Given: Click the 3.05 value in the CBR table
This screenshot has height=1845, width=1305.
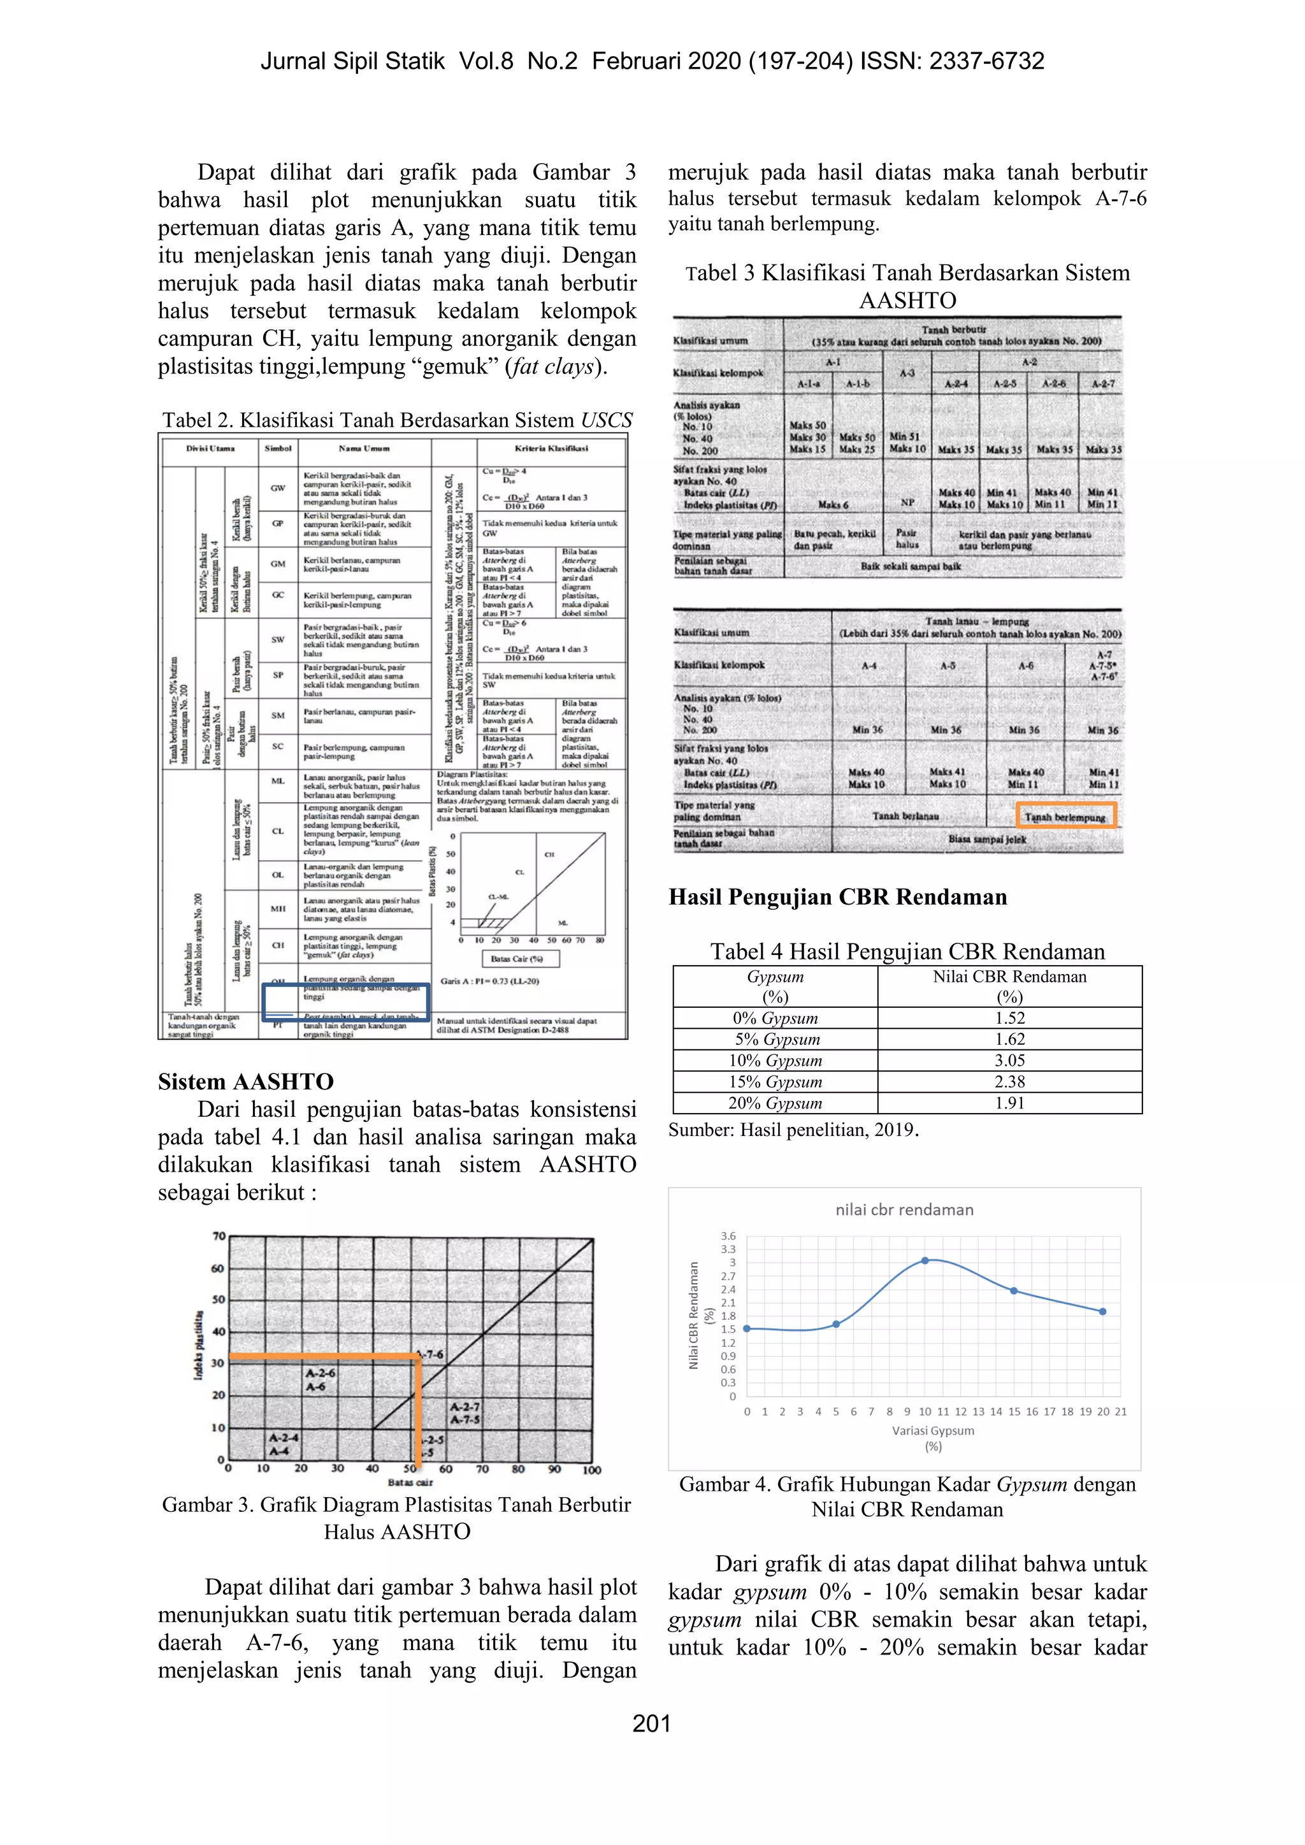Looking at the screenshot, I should (1009, 1060).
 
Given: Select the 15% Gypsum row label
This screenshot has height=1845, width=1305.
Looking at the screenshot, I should (775, 1082).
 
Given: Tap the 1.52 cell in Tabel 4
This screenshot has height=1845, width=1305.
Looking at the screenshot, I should (1009, 1017).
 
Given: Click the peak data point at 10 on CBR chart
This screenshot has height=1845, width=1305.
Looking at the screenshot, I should (925, 1260).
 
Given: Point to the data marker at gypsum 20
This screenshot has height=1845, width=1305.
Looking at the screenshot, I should (1102, 1311).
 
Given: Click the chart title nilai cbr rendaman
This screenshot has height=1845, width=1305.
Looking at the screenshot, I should (904, 1209).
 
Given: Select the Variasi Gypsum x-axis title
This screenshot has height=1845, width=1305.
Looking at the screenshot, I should (932, 1430).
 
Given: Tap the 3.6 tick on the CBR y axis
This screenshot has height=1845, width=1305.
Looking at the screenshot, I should (727, 1236).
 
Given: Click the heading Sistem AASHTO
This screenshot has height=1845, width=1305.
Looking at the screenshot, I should (245, 1082).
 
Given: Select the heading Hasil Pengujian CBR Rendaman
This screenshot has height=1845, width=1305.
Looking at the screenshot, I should (837, 897).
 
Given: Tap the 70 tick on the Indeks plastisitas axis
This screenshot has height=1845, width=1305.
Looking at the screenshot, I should (218, 1237).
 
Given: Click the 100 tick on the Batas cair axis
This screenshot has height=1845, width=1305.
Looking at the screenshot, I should (591, 1470).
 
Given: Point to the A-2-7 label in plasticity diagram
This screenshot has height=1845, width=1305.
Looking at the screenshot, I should (465, 1407).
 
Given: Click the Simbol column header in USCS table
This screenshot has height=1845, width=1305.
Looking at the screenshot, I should (278, 449).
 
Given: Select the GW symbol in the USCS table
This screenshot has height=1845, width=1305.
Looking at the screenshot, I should (278, 488).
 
